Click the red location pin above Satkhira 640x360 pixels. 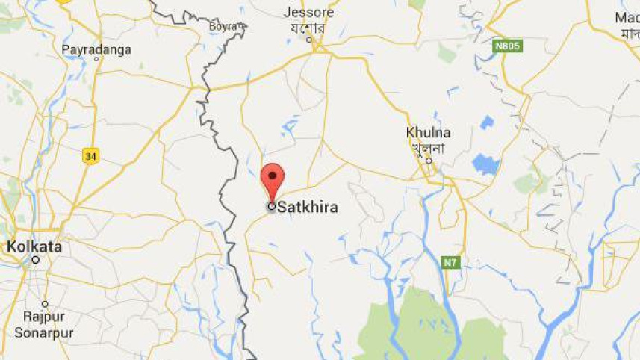(273, 179)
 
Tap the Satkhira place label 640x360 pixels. (307, 208)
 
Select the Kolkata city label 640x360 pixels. (35, 246)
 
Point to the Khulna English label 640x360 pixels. (428, 133)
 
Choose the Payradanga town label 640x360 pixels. (96, 49)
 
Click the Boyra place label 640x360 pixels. (223, 27)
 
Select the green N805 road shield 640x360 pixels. (508, 46)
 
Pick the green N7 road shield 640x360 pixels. (449, 263)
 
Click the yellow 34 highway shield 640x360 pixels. (90, 156)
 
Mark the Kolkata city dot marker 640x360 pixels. (35, 260)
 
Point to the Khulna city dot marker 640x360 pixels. (429, 160)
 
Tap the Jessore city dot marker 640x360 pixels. (308, 39)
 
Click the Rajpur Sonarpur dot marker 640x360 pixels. (45, 304)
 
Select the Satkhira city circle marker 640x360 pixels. (271, 207)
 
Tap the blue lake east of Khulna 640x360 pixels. (485, 164)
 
